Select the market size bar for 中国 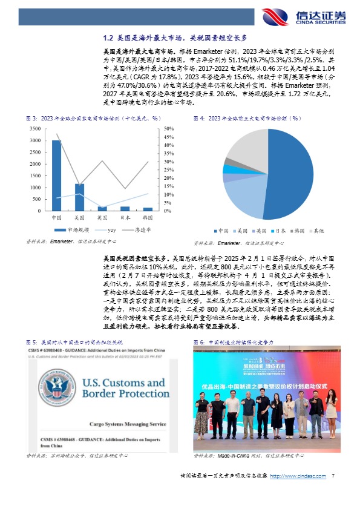(56, 175)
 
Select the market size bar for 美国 (79, 197)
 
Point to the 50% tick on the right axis (169, 128)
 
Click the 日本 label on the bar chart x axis (125, 217)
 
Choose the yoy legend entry (108, 231)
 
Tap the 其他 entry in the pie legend (316, 231)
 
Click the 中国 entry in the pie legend (221, 231)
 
